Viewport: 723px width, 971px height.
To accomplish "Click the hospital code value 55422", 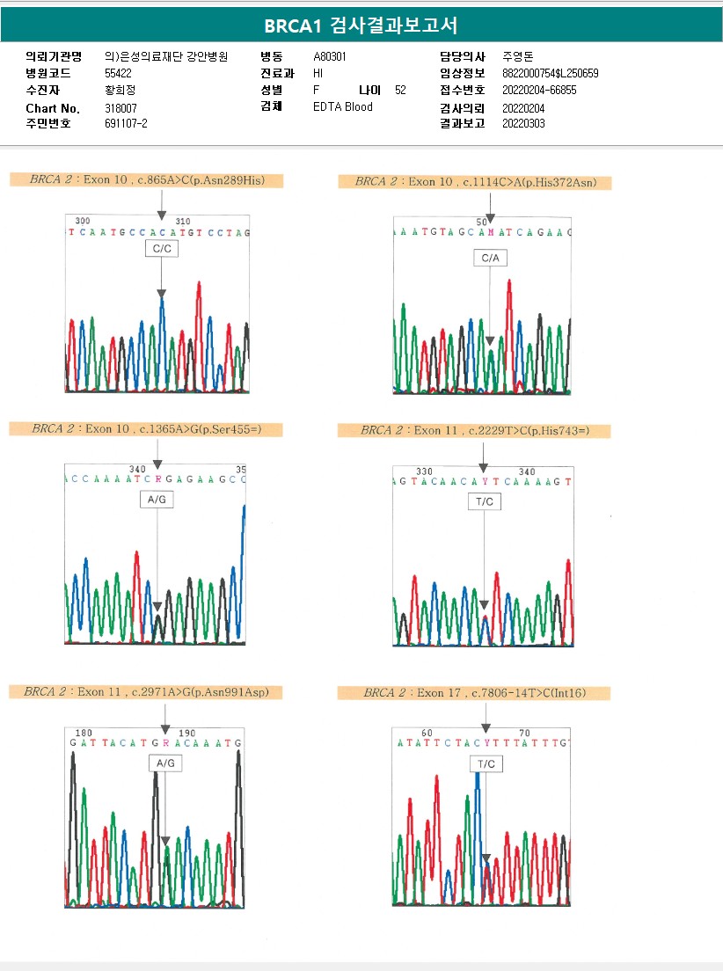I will (x=118, y=73).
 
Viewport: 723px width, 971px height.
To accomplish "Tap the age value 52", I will (x=400, y=90).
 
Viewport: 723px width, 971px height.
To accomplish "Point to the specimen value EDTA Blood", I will (x=343, y=107).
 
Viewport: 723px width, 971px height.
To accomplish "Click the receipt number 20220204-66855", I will (x=539, y=90).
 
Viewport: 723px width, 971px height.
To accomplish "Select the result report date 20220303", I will (x=523, y=124).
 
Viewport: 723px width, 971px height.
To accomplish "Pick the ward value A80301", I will (x=330, y=56).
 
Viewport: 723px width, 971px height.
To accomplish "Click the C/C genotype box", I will (x=161, y=250).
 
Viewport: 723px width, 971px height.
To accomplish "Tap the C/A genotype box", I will (x=490, y=258).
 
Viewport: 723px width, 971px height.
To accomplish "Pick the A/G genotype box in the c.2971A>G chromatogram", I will (x=164, y=763).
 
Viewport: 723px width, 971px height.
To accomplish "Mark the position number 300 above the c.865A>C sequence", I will (x=83, y=221).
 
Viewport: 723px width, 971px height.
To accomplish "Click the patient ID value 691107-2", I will (x=126, y=124).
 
